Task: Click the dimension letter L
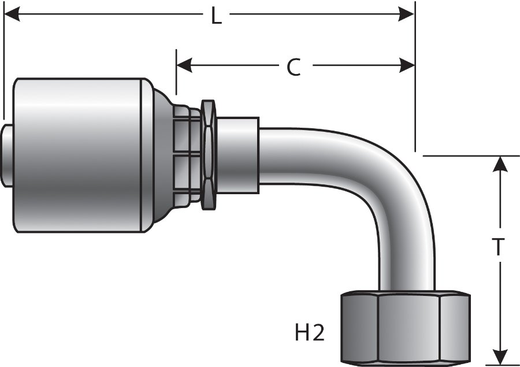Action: pos(216,16)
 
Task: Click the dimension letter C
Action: pos(294,68)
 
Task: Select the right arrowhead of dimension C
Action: pos(407,65)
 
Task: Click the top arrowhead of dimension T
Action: pos(499,164)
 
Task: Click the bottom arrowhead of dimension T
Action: pos(499,355)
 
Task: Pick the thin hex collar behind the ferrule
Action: pos(207,155)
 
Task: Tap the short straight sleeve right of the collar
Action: pos(237,155)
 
